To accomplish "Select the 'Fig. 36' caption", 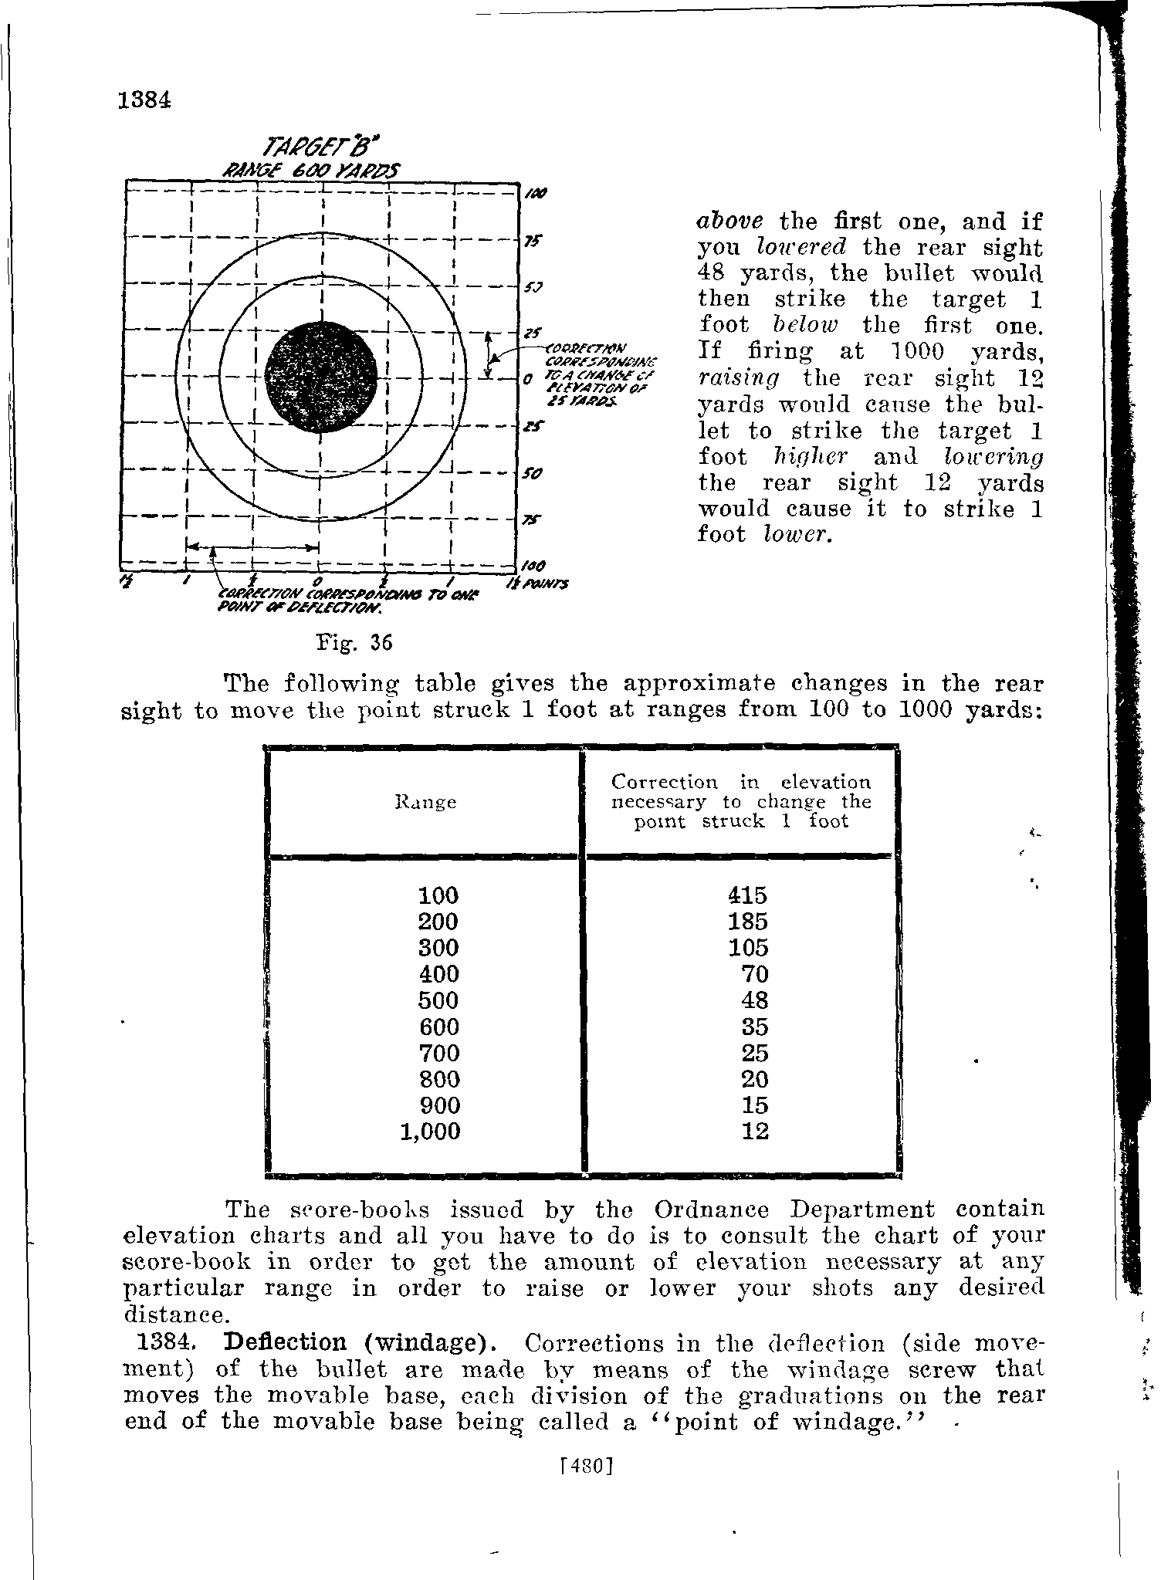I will [343, 642].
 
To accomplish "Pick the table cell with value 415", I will [747, 895].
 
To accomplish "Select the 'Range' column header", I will [425, 803].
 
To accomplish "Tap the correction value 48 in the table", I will [754, 1000].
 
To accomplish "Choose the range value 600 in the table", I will [438, 1027].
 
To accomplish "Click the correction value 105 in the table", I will [747, 948].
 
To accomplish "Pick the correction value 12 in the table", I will [754, 1132].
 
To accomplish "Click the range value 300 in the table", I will [438, 948].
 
